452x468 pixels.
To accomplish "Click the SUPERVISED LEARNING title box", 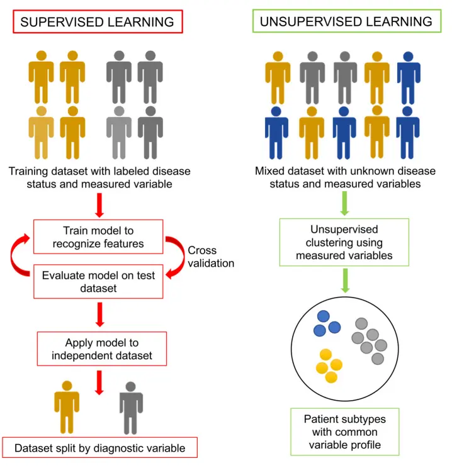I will coord(97,21).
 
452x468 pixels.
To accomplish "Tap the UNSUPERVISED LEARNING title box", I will coord(346,21).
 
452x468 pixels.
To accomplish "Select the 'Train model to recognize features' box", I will coord(99,237).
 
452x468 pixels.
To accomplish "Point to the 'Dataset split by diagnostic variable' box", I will coord(99,448).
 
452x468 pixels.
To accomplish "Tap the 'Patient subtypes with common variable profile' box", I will coord(344,432).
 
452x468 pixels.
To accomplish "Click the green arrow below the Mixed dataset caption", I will coord(344,203).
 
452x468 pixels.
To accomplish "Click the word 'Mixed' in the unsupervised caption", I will coord(271,171).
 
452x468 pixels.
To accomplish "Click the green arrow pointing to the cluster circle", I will coord(344,280).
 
